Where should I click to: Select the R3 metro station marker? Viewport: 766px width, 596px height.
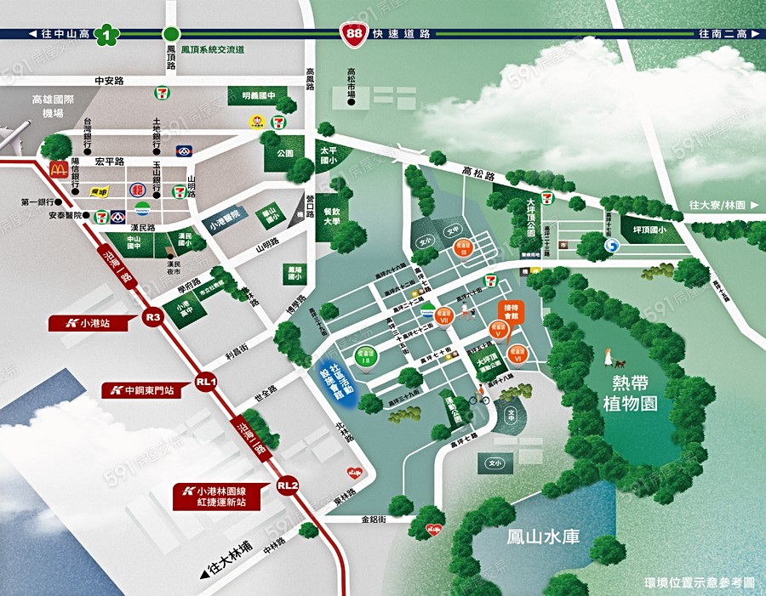pyautogui.click(x=153, y=317)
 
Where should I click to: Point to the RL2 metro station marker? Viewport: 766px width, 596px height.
pyautogui.click(x=288, y=485)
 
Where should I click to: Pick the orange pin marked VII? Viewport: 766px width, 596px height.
pyautogui.click(x=444, y=315)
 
